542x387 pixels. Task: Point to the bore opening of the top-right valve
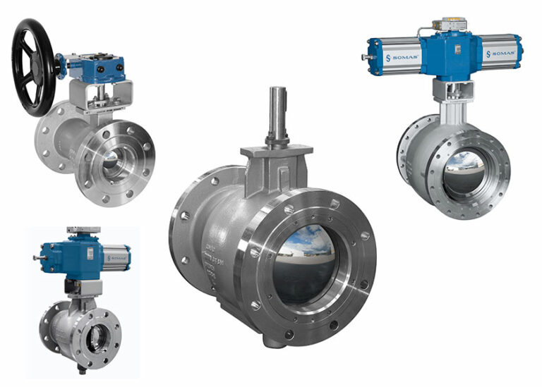[x=464, y=174]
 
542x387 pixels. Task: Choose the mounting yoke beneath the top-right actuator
[x=452, y=95]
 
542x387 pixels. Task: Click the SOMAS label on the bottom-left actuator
[x=116, y=257]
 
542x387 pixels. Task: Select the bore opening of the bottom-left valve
[x=97, y=338]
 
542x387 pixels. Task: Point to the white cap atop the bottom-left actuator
[x=83, y=231]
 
